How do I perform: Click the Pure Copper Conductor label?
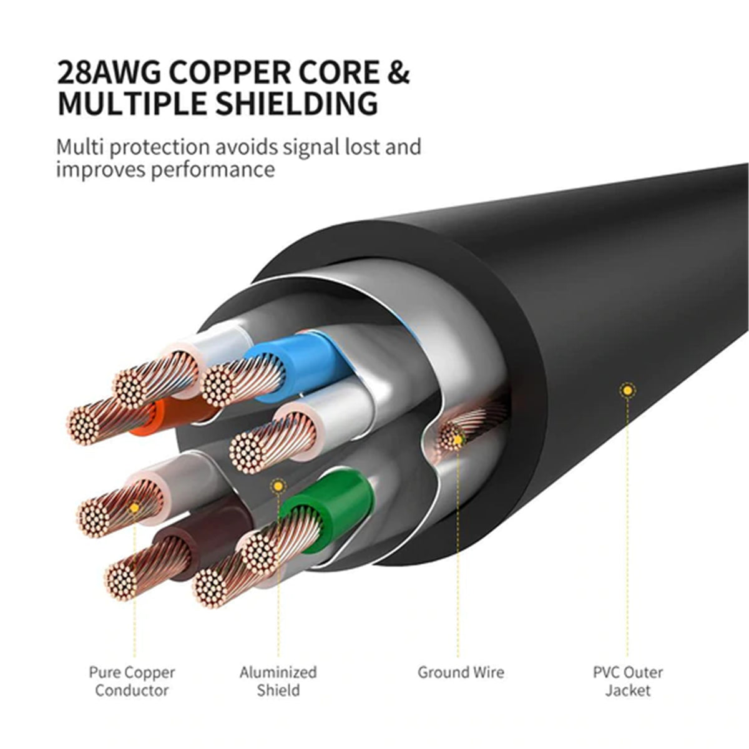coord(132,681)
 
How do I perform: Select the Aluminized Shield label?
coord(278,681)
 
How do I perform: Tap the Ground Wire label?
coord(461,672)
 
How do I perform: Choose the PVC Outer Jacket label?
coord(627,681)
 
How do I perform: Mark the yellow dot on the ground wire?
coord(458,440)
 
